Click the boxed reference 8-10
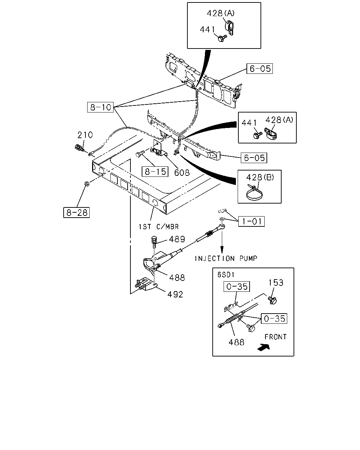coord(100,107)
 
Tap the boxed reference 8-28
coord(77,213)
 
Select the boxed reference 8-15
coord(155,172)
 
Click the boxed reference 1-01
coord(251,221)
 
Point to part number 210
coord(85,135)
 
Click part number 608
coord(182,173)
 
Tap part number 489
coord(177,239)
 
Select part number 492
coord(175,295)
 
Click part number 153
coord(276,283)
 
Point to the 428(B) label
coord(260,178)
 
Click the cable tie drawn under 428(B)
coord(255,192)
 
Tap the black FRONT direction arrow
coord(264,348)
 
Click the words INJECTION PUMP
coord(226,259)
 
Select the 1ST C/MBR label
coord(159,227)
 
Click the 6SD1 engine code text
coord(226,275)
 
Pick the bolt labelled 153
coord(272,301)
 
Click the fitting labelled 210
coord(79,148)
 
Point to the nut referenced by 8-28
coord(86,184)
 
